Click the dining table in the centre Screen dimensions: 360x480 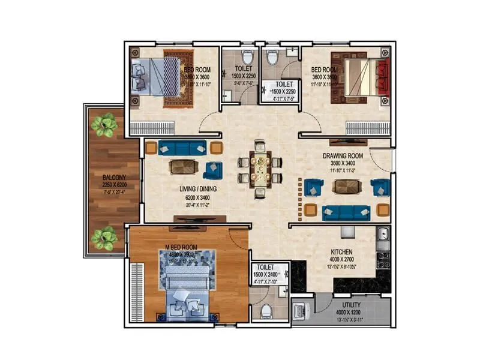(260, 170)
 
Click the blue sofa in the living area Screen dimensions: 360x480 (183, 147)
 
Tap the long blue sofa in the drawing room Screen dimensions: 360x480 (346, 212)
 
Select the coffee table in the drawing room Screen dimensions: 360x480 (346, 187)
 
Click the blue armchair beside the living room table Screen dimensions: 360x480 (212, 170)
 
